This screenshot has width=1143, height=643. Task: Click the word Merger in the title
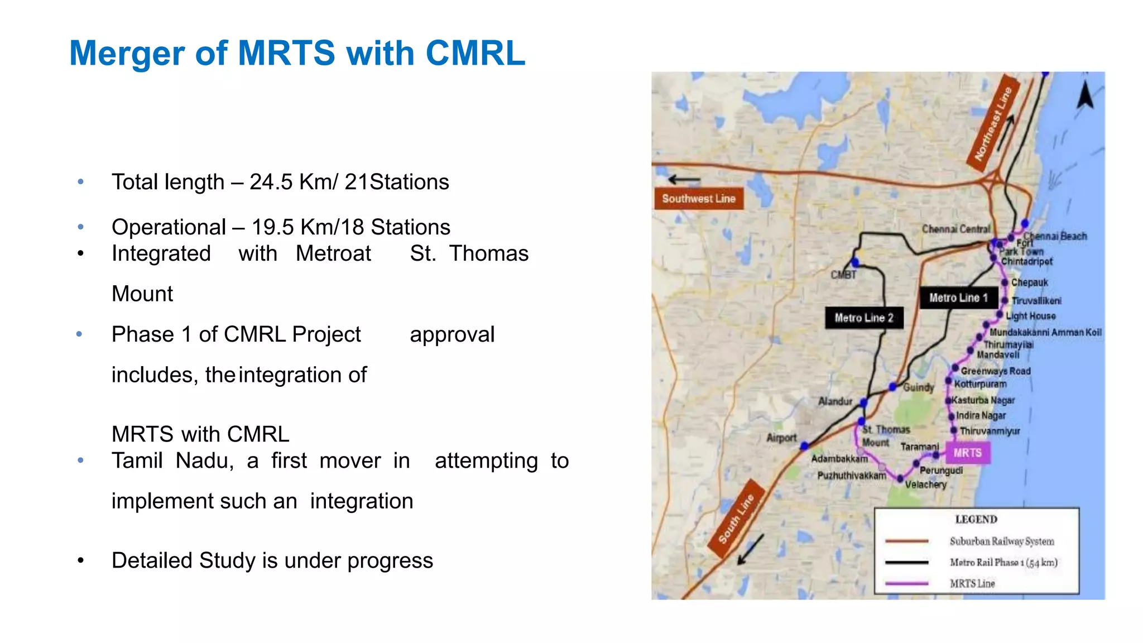[x=127, y=54]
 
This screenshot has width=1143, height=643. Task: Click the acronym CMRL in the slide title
[x=475, y=54]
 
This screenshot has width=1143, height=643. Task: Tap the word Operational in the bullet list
[x=169, y=227]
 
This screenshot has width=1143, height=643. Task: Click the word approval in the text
[x=452, y=334]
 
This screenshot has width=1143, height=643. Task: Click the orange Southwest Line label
[x=698, y=199]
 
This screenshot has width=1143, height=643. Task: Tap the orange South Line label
[x=736, y=519]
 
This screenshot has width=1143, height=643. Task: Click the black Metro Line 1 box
[x=958, y=298]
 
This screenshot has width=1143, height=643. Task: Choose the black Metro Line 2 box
[x=864, y=318]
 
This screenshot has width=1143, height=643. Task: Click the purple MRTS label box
[x=967, y=453]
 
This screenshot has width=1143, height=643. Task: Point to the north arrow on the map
[x=1085, y=95]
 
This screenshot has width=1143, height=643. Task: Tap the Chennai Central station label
[x=955, y=229]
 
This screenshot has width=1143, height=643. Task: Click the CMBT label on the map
[x=843, y=275]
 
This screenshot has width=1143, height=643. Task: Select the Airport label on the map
[x=781, y=438]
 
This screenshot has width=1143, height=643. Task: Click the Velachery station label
[x=925, y=484]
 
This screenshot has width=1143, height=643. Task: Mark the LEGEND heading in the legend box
[x=976, y=520]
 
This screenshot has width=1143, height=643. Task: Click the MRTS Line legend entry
[x=972, y=583]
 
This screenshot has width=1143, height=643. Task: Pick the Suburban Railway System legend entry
[x=1001, y=541]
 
